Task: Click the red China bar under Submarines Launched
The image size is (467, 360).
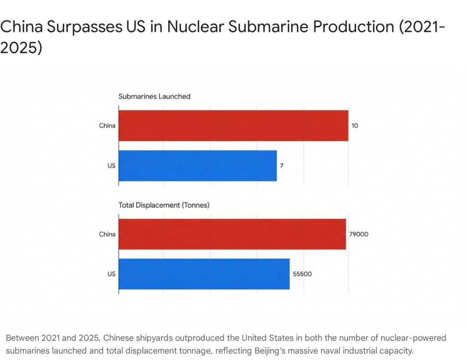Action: coord(233,125)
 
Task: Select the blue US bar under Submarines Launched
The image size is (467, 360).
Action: coord(197,165)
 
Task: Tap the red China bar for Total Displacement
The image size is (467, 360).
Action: coord(232,234)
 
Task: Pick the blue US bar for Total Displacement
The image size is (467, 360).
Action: coord(204,274)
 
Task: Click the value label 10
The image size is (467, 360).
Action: coord(354,125)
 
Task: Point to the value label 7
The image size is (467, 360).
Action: coord(282,165)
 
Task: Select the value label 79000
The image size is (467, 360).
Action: coord(359,234)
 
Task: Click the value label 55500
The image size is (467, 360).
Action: coord(302,274)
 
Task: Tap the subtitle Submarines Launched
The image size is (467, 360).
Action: coord(154,97)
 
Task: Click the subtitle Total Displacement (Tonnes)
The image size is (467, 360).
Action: coord(164,205)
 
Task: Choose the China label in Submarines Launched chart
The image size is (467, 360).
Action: coord(107,125)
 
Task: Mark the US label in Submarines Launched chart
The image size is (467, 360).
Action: coord(111,165)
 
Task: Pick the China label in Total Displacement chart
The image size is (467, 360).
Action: coord(107,234)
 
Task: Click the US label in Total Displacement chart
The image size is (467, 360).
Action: coord(111,274)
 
